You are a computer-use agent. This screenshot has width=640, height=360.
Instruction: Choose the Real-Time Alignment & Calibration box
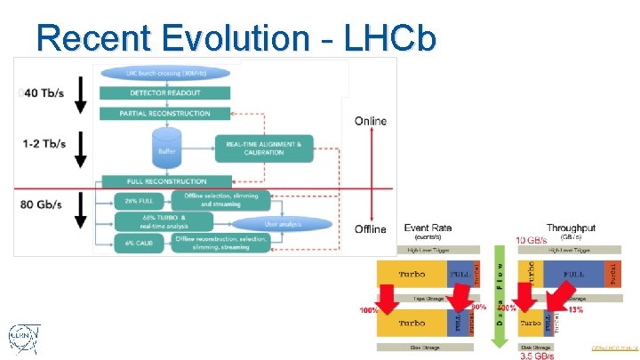[264, 148]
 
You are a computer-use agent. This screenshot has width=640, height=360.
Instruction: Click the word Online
[371, 121]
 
